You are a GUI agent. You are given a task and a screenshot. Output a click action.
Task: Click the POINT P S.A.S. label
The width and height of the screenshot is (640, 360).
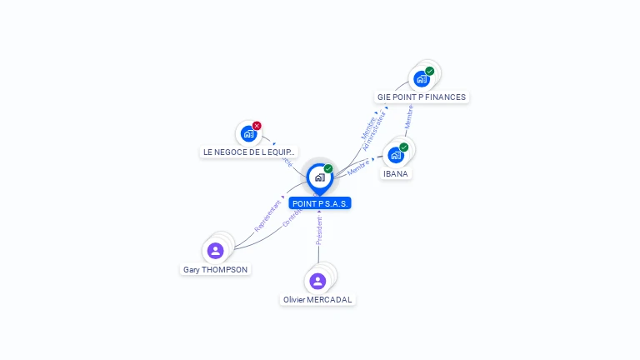320,203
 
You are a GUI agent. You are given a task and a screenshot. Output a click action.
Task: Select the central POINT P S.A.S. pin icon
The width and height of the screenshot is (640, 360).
319,177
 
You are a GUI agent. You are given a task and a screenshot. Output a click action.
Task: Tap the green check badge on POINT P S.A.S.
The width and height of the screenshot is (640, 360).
328,168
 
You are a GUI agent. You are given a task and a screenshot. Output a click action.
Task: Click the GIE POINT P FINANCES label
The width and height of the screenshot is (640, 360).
421,97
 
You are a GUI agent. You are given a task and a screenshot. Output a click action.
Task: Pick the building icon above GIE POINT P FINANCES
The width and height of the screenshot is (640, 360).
421,79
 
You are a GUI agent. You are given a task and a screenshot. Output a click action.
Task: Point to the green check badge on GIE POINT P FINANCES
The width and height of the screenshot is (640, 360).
430,71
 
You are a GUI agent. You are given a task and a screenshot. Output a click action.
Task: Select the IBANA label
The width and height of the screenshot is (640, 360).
396,174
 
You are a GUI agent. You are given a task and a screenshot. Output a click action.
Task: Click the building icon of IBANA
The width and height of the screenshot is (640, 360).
395,155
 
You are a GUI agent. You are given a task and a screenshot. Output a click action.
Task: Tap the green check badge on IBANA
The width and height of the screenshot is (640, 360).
404,147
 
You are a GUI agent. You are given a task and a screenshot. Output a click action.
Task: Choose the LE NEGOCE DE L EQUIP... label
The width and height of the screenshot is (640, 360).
249,152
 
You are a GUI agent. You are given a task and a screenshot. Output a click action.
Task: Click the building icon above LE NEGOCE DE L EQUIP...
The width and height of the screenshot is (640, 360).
247,133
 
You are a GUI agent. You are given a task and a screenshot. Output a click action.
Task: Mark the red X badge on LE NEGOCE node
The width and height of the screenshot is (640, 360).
257,126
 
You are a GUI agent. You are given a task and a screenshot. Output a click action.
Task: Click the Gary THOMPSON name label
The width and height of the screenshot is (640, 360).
216,270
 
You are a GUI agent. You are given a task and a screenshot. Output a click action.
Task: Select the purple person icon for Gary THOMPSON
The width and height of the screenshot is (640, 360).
215,250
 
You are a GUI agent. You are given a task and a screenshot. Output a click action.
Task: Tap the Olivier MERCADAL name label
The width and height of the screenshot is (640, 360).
317,300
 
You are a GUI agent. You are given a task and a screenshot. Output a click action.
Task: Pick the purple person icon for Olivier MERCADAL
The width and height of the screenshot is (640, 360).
317,281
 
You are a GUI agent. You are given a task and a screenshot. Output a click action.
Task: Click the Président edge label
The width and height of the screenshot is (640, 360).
319,231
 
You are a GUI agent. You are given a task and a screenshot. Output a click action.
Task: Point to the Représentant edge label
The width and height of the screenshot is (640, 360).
267,215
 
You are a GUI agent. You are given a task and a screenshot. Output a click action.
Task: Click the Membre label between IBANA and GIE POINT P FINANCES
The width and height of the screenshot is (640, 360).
408,116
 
